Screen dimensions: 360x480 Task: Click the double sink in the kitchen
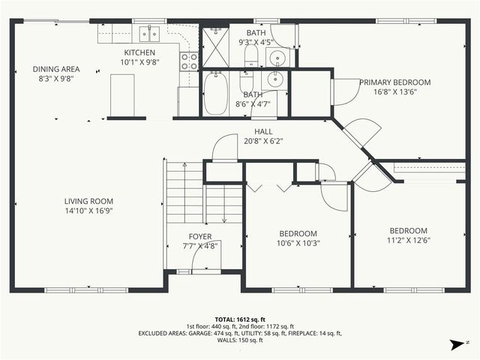pos(148,33)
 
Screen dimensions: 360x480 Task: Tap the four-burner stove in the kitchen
pos(189,60)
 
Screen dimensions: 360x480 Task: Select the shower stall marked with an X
pos(214,46)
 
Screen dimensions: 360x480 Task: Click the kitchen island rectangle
pos(126,97)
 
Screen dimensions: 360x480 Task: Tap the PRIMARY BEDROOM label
pos(394,82)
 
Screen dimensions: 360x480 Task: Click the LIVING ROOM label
pos(88,201)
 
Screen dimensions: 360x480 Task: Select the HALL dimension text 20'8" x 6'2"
pos(263,140)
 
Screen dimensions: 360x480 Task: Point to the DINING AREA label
pos(55,69)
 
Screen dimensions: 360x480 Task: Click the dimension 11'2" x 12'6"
pos(408,241)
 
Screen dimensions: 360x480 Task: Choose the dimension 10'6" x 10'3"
pos(298,243)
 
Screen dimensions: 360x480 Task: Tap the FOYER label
pos(199,236)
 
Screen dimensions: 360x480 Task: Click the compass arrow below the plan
pos(454,344)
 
